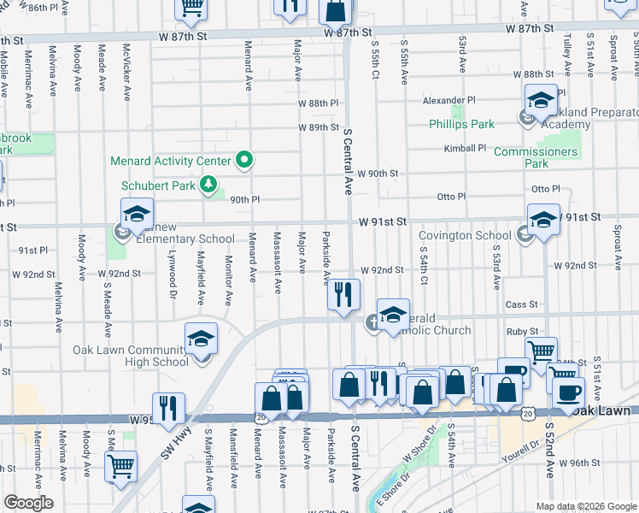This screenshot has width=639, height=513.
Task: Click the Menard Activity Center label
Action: tap(170, 161)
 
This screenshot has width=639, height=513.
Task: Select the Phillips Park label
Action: tap(461, 124)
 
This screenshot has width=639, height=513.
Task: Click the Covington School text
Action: tap(465, 236)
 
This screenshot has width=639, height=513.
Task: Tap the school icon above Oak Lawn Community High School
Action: tap(202, 339)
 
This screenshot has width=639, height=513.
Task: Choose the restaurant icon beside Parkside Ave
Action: tap(343, 295)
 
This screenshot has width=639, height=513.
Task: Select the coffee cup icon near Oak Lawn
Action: tap(568, 392)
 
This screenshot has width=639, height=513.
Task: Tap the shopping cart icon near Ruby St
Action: tap(541, 351)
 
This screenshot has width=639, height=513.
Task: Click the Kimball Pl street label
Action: tap(465, 148)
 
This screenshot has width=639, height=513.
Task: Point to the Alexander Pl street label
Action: tap(448, 100)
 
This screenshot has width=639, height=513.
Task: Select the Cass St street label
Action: tap(521, 304)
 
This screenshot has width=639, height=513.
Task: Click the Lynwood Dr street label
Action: tap(172, 286)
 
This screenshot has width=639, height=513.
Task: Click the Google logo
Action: tap(28, 503)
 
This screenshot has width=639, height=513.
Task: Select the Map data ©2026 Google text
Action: tap(585, 506)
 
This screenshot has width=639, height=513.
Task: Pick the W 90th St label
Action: tap(378, 174)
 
